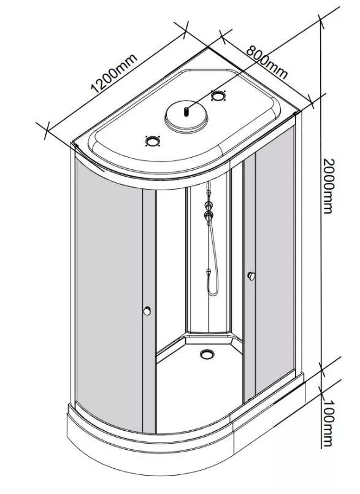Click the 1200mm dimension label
tap(114, 74)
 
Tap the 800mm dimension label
tap(267, 63)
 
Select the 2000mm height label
tap(328, 186)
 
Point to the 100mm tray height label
tap(327, 423)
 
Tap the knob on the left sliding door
tap(147, 311)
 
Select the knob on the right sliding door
tap(251, 276)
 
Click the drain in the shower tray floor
tap(207, 354)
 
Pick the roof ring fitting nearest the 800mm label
tap(218, 95)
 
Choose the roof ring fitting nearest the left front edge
tap(153, 141)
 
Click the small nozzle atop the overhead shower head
tap(186, 112)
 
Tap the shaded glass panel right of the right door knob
tap(275, 258)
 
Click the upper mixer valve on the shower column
tap(209, 206)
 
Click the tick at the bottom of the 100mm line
tap(321, 388)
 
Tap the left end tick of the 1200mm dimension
tap(46, 131)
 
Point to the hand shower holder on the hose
tap(208, 272)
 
